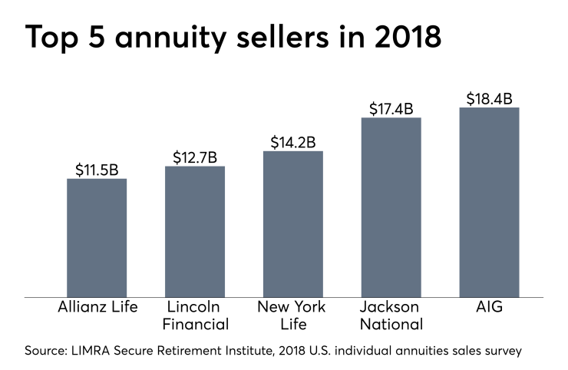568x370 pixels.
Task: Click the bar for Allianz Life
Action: pos(97,237)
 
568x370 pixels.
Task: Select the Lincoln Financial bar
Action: pos(195,231)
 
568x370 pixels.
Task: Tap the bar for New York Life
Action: pos(293,223)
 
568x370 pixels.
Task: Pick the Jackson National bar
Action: pos(391,207)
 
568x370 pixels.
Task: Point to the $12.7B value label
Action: pos(195,157)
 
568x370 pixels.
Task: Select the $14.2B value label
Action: pos(293,142)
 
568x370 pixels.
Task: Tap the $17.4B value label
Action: pos(391,108)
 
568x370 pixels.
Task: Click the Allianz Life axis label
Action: pos(97,307)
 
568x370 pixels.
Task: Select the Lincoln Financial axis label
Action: pos(195,315)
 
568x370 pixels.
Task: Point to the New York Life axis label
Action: pos(293,315)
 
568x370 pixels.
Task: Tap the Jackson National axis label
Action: pos(391,315)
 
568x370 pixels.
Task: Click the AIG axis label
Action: pos(490,307)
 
